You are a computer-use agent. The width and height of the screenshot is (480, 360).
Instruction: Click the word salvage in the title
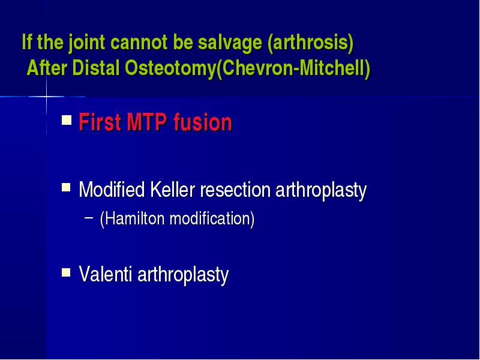[x=230, y=43]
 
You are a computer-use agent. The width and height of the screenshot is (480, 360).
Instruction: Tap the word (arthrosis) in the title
[x=311, y=42]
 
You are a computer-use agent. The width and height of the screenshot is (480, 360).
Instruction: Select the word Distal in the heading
[x=95, y=68]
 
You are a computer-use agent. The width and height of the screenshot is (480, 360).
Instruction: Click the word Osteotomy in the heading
[x=170, y=68]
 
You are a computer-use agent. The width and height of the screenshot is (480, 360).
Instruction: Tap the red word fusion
[x=203, y=122]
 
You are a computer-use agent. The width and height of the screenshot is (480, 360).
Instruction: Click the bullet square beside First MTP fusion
[x=67, y=119]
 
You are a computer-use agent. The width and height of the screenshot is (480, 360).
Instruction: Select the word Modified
[x=112, y=190]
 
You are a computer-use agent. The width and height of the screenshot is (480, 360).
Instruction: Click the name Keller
[x=173, y=190]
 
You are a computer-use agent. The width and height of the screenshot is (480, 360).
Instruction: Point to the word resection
[x=235, y=190]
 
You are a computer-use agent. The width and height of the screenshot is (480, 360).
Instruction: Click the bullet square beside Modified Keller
[x=66, y=187]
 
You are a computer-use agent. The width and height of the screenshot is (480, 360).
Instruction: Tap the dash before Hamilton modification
[x=89, y=218]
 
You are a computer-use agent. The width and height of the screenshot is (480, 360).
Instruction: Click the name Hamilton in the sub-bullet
[x=132, y=218]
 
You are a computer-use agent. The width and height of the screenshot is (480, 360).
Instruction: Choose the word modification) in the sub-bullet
[x=212, y=218]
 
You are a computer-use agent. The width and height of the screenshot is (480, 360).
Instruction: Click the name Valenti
[x=106, y=274]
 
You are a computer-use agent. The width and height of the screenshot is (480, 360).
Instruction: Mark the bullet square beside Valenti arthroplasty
[x=66, y=272]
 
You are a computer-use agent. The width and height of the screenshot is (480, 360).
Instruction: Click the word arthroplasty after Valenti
[x=183, y=275]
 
